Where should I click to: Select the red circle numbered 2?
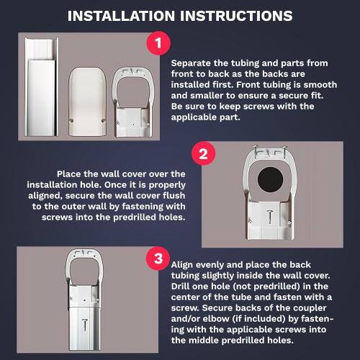click(x=203, y=153)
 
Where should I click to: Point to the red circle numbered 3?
click(x=157, y=259)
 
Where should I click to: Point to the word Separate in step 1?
click(x=191, y=63)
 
